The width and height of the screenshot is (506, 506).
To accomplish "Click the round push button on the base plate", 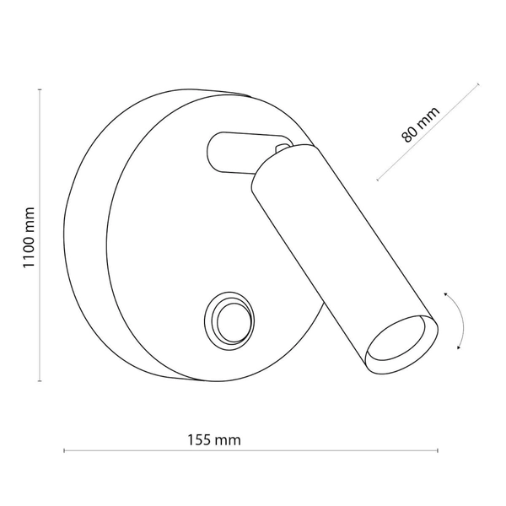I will pyautogui.click(x=226, y=318).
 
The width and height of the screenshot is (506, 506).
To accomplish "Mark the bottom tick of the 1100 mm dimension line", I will pyautogui.click(x=40, y=381).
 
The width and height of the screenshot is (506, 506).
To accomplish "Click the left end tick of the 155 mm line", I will pyautogui.click(x=65, y=451).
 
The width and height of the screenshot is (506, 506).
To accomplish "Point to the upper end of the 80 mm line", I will pyautogui.click(x=478, y=84).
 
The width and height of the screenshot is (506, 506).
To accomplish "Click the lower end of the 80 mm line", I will pyautogui.click(x=377, y=180).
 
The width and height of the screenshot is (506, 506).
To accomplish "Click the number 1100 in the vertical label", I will pyautogui.click(x=28, y=228).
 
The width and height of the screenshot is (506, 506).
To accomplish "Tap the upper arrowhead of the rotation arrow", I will pyautogui.click(x=448, y=292).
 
